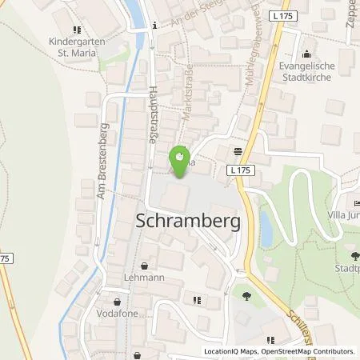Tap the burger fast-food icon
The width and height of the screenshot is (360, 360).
pos(238,150)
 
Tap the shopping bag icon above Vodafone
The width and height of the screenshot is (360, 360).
pos(118,302)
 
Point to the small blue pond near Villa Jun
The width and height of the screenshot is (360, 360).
pos(265,228)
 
